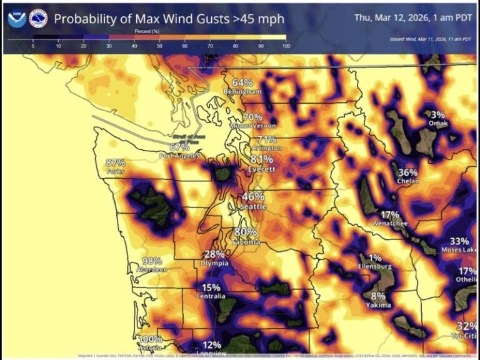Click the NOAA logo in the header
click(17, 18)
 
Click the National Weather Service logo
click(38, 18)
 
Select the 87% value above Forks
click(115, 162)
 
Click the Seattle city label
click(253, 206)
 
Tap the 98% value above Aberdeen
click(152, 261)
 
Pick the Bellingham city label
click(242, 92)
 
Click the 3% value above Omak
click(437, 114)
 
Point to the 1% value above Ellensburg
click(374, 257)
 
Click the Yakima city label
click(378, 305)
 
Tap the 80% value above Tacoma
click(246, 232)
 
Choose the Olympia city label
click(214, 263)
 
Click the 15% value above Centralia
click(211, 287)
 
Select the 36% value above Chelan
click(407, 172)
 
